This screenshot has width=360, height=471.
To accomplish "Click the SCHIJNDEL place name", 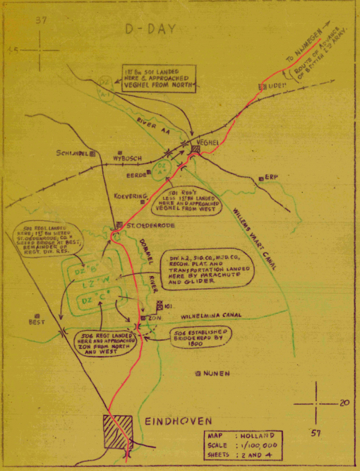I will pyautogui.click(x=71, y=153).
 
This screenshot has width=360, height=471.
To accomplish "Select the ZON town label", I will pyautogui.click(x=154, y=319).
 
